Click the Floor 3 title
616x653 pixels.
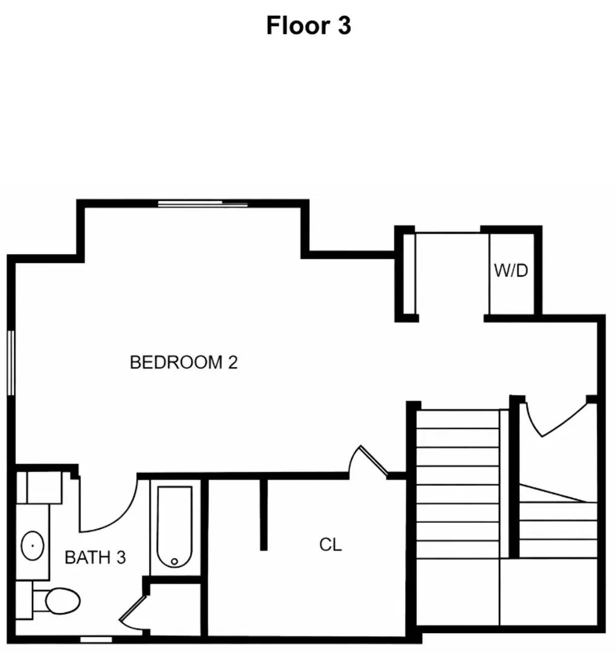point(308,26)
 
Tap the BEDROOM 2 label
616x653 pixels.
point(184,362)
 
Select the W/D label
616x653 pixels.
point(511,270)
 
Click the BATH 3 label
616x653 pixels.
point(95,557)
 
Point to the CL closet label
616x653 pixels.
point(330,544)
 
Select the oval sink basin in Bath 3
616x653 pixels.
point(32,546)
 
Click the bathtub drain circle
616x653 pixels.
point(175,562)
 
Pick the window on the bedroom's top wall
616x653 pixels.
point(203,204)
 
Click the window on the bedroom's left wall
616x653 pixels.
point(10,362)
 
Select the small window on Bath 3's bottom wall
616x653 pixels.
point(95,638)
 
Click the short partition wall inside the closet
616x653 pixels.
point(263,514)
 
